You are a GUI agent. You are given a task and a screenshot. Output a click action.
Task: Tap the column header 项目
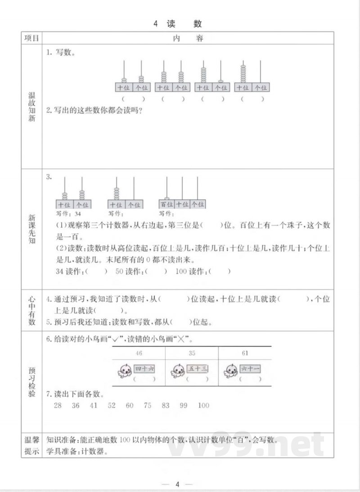(x=31, y=38)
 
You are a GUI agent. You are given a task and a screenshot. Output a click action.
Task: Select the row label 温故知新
(x=31, y=108)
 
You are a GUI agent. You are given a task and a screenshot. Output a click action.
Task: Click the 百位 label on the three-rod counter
(x=166, y=204)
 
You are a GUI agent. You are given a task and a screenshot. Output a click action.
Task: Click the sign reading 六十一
(x=251, y=369)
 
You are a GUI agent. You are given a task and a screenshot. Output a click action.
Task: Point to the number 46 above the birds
(x=139, y=353)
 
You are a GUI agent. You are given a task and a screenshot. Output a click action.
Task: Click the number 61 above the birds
(x=245, y=353)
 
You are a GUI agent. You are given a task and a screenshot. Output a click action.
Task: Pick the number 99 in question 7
(x=183, y=405)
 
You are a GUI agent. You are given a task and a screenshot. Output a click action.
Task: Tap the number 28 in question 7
(x=57, y=405)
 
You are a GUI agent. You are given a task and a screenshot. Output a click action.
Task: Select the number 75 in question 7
(x=147, y=405)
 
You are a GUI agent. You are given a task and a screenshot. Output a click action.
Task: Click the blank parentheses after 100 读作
(x=220, y=271)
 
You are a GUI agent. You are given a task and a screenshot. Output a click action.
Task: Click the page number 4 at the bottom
(x=178, y=484)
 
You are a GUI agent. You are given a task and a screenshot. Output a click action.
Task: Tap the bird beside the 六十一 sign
(x=231, y=371)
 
